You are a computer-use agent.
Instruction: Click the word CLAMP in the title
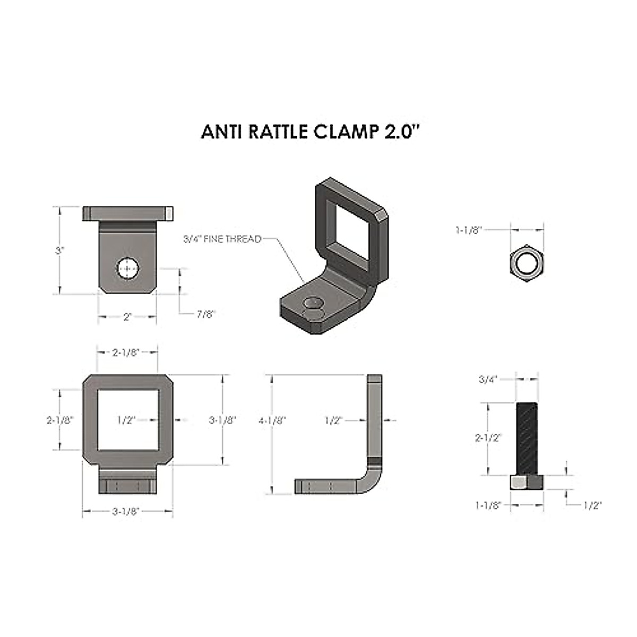point(347,132)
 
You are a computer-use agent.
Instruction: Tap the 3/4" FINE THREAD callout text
point(222,239)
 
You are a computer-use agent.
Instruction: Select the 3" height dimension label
point(59,250)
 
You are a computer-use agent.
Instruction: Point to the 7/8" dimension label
point(205,314)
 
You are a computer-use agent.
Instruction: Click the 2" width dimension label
point(127,317)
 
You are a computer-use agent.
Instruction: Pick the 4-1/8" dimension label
point(272,420)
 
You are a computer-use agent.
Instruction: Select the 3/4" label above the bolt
point(488,379)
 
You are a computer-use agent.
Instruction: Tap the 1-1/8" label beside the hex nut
point(468,230)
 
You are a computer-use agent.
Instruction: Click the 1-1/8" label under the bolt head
point(488,505)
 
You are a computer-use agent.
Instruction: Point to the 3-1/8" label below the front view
point(126,511)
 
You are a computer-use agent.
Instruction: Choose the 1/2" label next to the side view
point(333,420)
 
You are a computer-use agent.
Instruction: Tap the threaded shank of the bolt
point(527,437)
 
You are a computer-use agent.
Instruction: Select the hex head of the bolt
point(527,482)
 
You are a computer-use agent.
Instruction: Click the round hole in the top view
point(127,269)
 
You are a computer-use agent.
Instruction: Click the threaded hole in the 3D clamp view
point(313,304)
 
